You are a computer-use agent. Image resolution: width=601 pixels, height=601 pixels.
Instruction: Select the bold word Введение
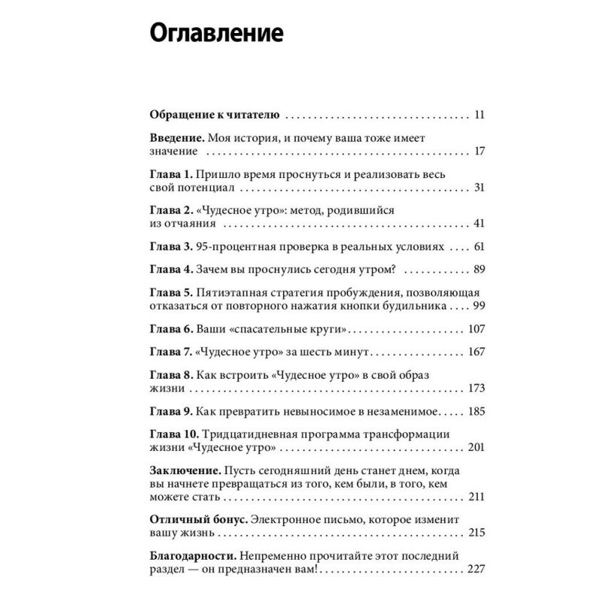pos(174,138)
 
